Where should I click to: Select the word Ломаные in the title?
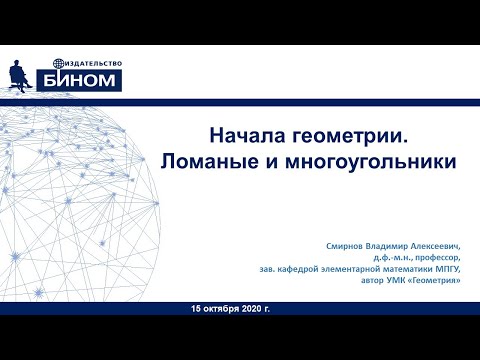click(209, 160)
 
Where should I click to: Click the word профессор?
click(444, 257)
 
